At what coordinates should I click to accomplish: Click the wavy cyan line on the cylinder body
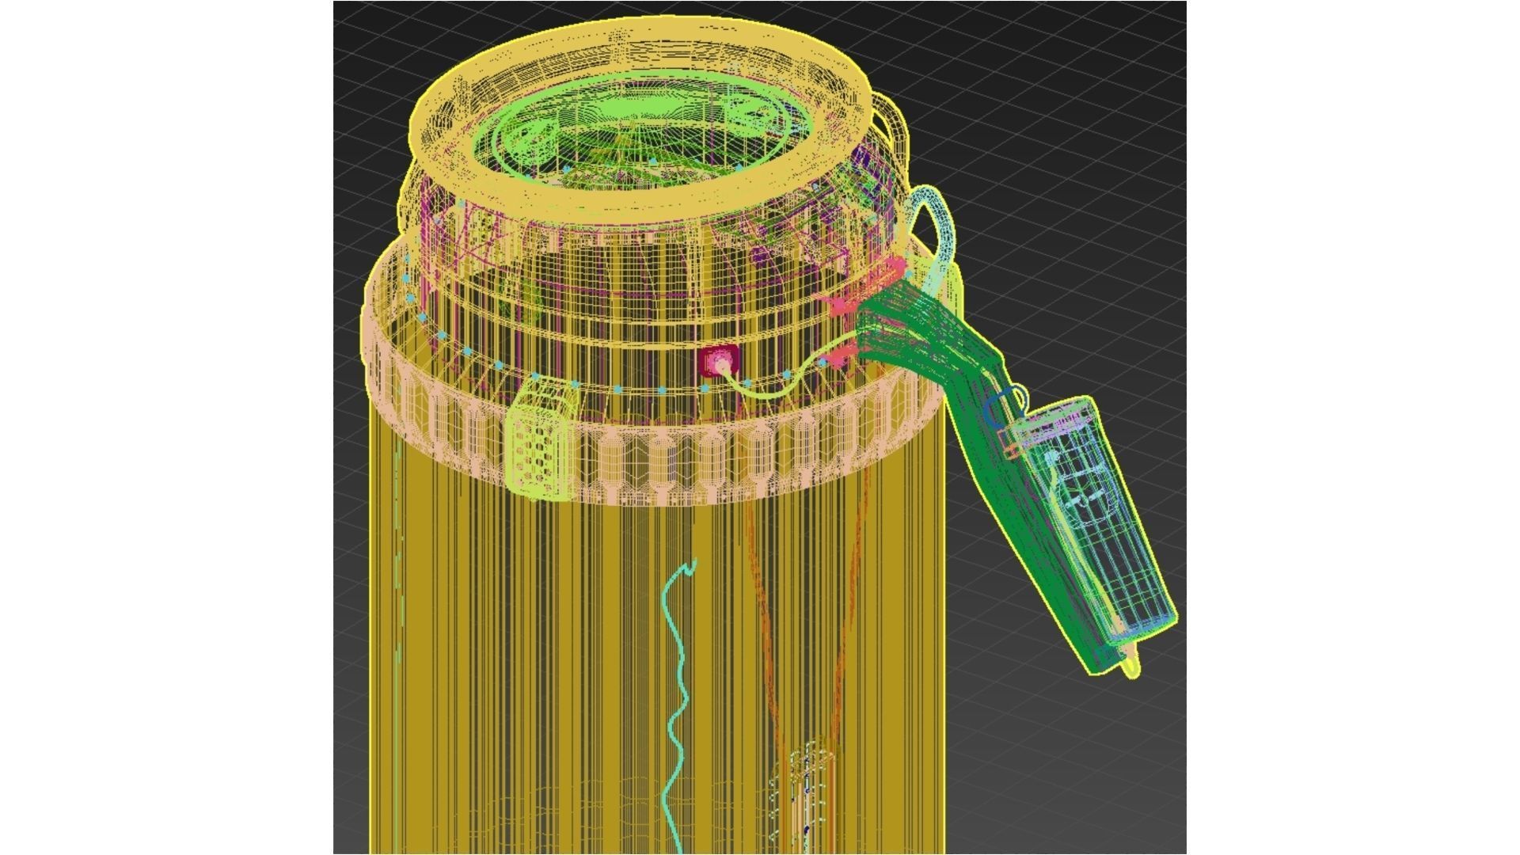coord(678,697)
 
